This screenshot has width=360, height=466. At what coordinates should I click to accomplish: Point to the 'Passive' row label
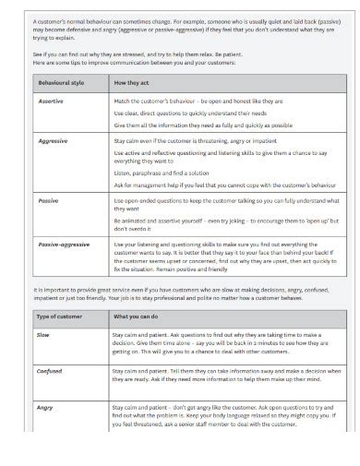(x=48, y=199)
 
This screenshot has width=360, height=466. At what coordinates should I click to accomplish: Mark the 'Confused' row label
(x=50, y=372)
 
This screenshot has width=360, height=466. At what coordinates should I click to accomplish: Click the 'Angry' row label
(x=45, y=405)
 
